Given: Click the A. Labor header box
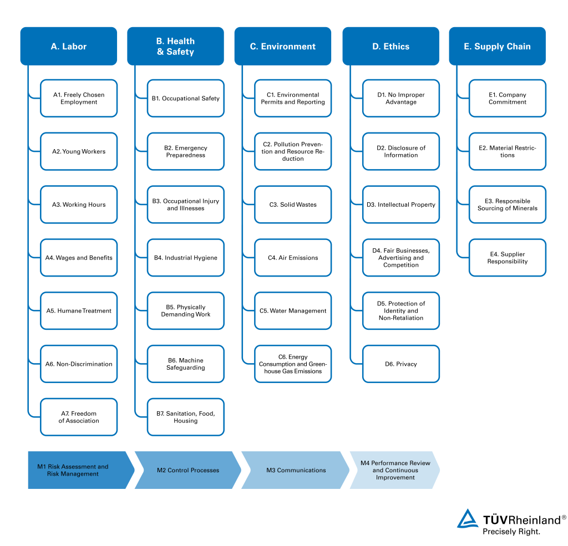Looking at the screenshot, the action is (69, 47).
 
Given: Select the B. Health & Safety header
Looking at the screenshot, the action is (176, 47).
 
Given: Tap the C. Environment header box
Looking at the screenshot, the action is (283, 47).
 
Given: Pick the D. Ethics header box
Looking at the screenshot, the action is (391, 47).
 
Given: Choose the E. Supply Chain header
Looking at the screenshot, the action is (498, 47).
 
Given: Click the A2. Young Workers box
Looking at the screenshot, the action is (79, 151).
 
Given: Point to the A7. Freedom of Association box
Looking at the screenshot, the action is (79, 417).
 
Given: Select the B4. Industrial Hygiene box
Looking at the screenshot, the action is (186, 258).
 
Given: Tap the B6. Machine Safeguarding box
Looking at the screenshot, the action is (186, 364).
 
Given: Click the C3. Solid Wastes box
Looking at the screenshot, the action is (293, 205).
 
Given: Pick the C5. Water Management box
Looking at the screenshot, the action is (293, 310).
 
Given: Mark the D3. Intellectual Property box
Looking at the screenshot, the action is (401, 205).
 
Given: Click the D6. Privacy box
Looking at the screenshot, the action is (401, 364).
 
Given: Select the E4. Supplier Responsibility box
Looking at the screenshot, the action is (508, 258).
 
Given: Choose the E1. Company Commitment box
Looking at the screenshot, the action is (508, 98).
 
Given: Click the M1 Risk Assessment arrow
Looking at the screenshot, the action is (78, 470).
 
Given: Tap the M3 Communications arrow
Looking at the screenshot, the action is (295, 470).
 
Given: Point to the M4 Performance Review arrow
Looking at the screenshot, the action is (395, 470).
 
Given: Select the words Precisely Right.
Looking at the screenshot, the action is (511, 532).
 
